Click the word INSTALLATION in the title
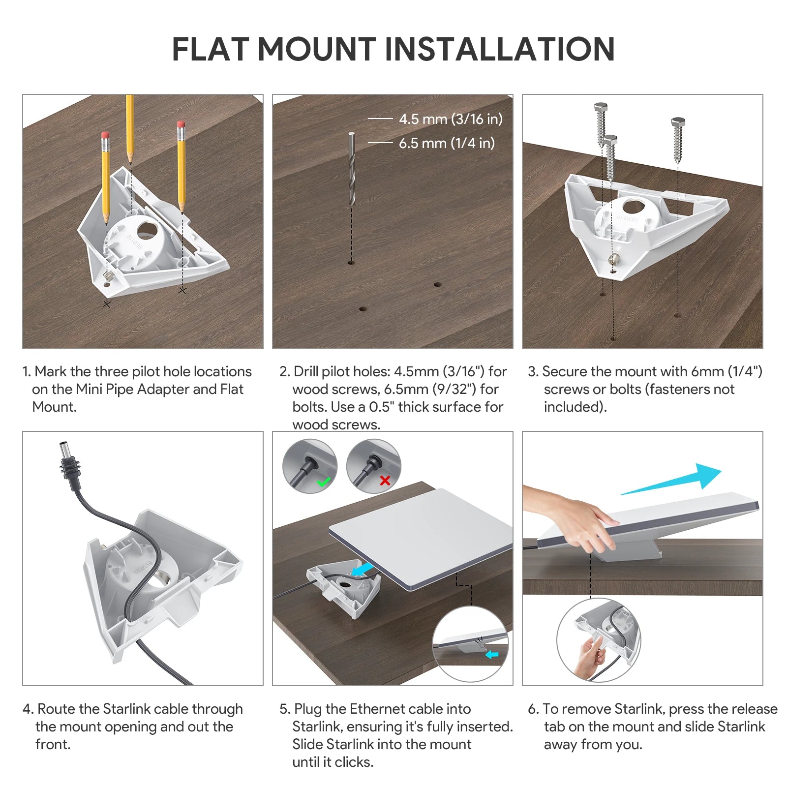point(499,49)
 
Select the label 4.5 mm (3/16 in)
point(451,119)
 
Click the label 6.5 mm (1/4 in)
point(447,143)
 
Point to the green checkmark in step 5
point(323,482)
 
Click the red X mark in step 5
point(385,481)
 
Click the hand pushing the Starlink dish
point(580,521)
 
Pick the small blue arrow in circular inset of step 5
point(491,655)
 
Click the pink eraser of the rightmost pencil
point(181,124)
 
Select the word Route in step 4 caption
point(56,709)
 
